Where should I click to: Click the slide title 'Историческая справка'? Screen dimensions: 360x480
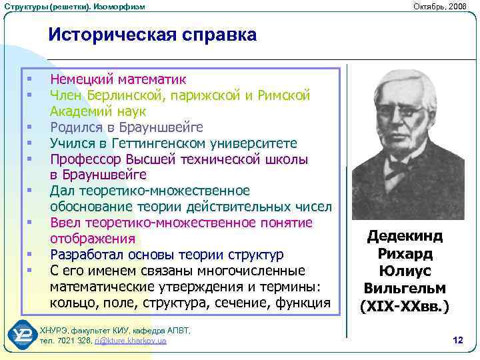coord(152,35)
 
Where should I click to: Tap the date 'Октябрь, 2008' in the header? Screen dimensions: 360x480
coord(441,6)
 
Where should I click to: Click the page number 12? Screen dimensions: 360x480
coord(457,341)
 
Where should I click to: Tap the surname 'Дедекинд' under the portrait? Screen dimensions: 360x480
coord(405,237)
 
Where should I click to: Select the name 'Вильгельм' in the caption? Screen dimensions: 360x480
coord(405,289)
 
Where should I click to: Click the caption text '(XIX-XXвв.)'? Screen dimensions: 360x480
coord(405,307)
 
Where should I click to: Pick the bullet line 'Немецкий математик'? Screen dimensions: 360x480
coord(118,80)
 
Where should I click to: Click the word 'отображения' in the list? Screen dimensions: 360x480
coord(92,239)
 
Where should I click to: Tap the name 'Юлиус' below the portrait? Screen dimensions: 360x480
coord(405,271)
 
